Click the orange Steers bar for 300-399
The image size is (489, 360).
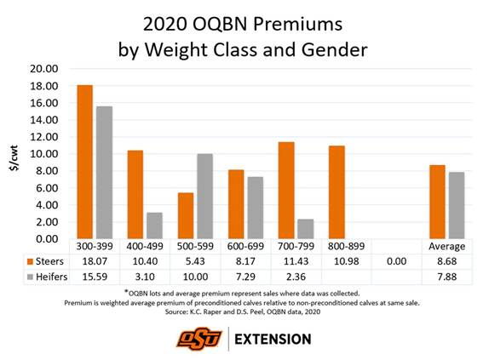coord(84,162)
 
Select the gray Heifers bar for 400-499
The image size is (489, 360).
coord(154,226)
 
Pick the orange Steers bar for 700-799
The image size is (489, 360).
coord(286,191)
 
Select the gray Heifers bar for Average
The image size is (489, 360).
coord(457,205)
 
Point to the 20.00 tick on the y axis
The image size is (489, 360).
coord(43,69)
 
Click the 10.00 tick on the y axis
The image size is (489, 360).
coord(43,154)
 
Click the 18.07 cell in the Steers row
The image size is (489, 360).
coord(93,259)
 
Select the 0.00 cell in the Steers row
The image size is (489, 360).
coord(397,259)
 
